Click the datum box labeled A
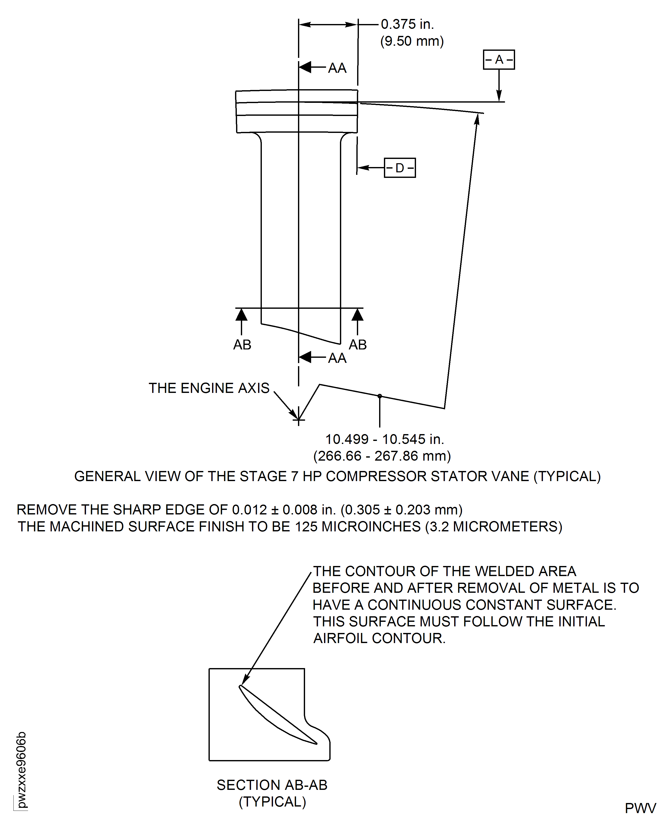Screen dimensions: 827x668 coord(499,60)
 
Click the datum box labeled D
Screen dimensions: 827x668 coord(400,168)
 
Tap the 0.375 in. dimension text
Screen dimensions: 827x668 coord(407,24)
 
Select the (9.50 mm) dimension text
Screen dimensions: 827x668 coord(412,41)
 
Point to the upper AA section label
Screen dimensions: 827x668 coord(337,68)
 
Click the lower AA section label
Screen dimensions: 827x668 coord(337,358)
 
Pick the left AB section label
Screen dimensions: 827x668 coord(242,345)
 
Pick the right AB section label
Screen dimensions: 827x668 coord(357,345)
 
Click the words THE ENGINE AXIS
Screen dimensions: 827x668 coord(209,388)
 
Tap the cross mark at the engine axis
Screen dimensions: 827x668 coord(298,420)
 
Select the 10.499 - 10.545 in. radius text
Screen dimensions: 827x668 coord(384,439)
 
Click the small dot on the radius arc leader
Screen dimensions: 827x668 coord(380,396)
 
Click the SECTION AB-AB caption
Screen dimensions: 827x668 coord(272,785)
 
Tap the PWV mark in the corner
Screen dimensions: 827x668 coord(640,808)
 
